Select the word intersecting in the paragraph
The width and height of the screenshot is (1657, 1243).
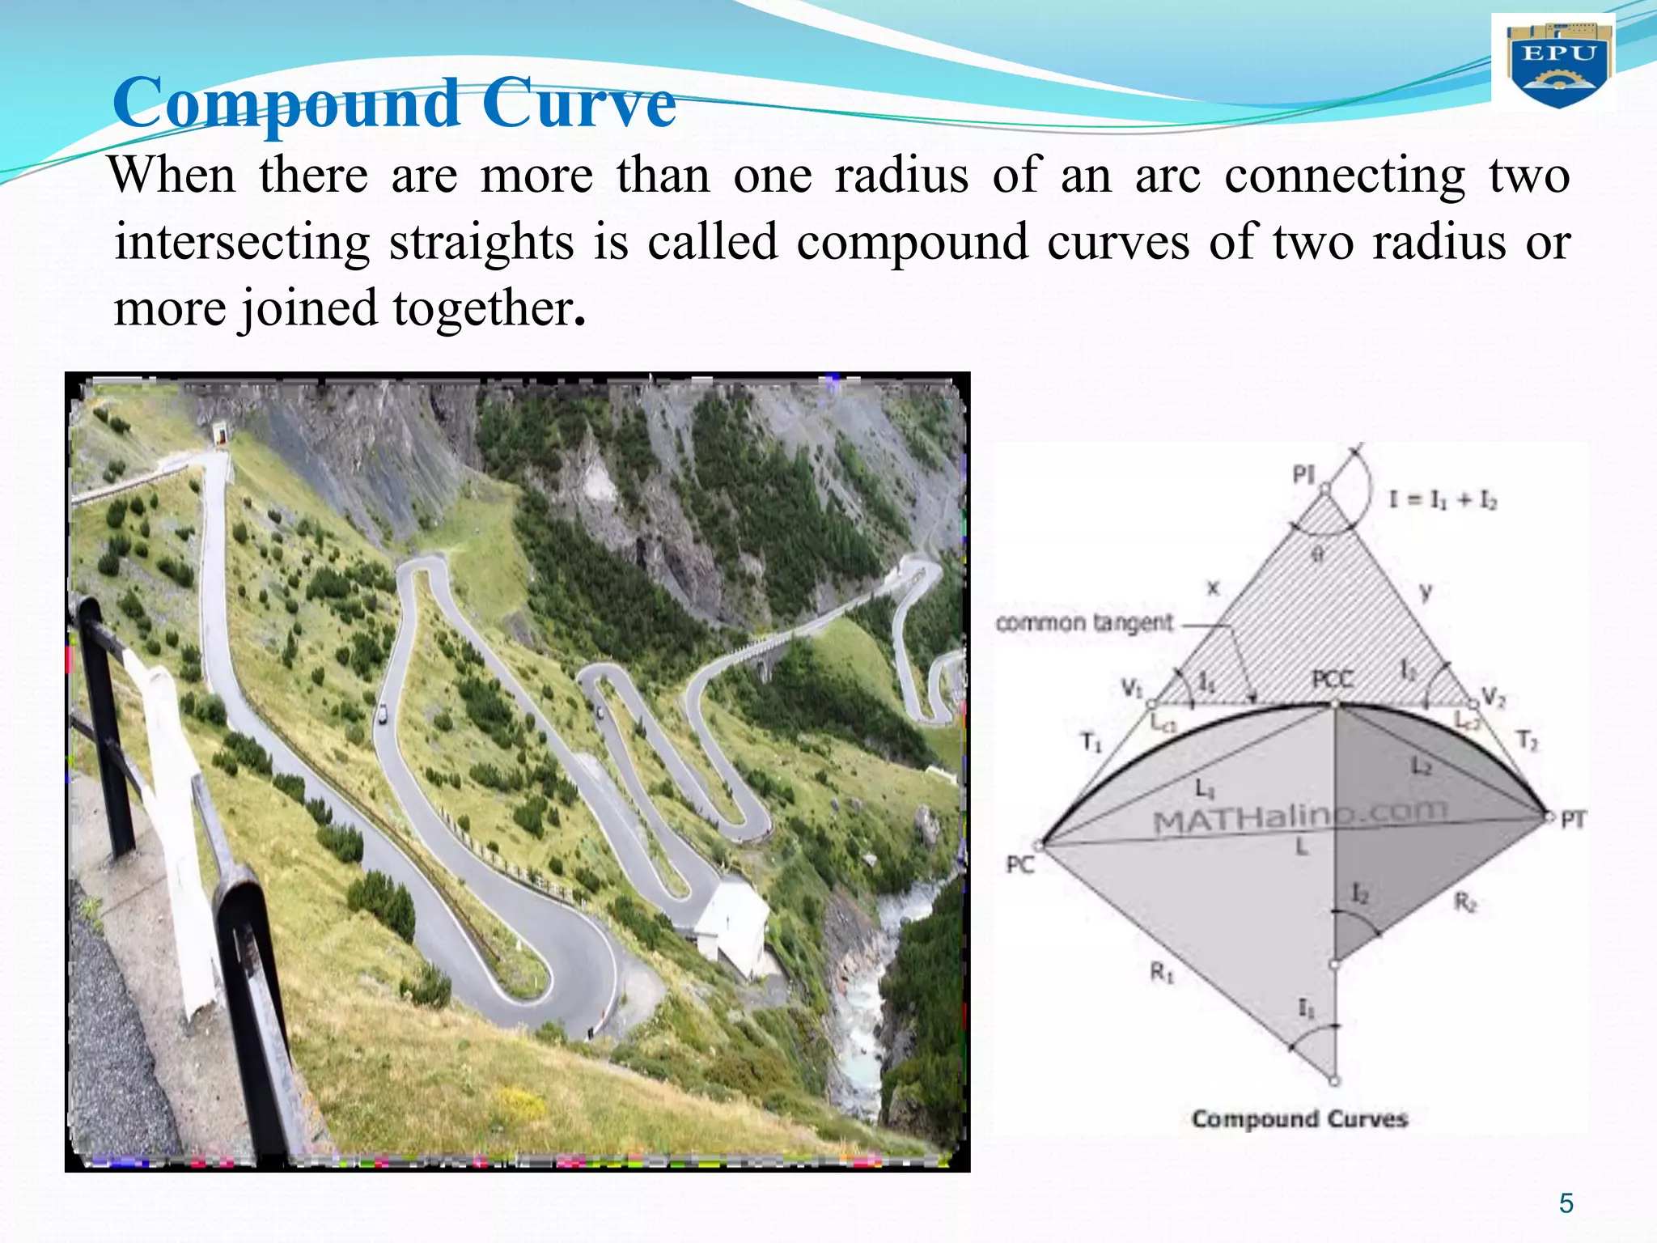[242, 242]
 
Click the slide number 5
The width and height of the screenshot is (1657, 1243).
[1566, 1204]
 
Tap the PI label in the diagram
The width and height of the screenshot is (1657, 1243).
[1303, 474]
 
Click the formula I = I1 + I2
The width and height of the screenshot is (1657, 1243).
[1443, 500]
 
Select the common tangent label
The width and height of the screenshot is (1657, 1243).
[1083, 622]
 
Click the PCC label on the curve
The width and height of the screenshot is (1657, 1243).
[1332, 679]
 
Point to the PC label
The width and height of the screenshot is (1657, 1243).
[1020, 865]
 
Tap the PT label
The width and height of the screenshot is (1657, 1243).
[1573, 820]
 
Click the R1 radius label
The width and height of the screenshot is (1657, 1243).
[1162, 972]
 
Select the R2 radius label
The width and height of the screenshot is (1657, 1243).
[1465, 901]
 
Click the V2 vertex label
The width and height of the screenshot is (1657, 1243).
[1494, 696]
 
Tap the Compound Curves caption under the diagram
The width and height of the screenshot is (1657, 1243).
[1299, 1119]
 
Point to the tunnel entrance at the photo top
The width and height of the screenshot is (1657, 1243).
[220, 434]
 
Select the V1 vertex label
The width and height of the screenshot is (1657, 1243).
[1131, 688]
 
